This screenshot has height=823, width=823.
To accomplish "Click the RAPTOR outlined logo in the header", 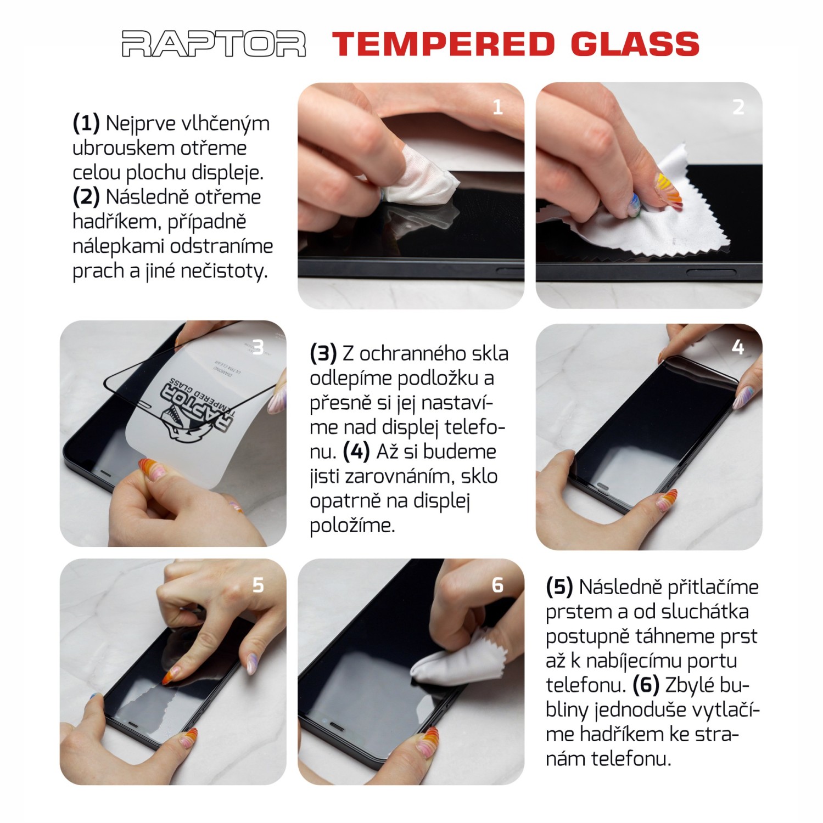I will (213, 44).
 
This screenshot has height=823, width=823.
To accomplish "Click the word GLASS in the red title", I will (635, 44).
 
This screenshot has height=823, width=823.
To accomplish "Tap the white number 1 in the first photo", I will (497, 107).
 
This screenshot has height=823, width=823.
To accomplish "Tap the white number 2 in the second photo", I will (738, 107).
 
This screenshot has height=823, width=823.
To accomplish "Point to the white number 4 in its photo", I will (737, 347).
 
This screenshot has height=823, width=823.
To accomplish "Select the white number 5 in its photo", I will (257, 585).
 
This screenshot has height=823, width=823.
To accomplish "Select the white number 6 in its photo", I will (497, 585).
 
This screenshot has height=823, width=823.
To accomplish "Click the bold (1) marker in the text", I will (86, 123).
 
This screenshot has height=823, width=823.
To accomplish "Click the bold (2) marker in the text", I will (86, 197).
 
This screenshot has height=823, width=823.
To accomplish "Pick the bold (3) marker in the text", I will (323, 354).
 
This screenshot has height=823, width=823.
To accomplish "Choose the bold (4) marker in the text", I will (356, 452).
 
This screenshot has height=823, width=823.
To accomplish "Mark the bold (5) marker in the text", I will (559, 587).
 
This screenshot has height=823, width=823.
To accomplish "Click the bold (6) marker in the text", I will (646, 685).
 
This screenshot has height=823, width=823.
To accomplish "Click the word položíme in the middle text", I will (352, 525).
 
